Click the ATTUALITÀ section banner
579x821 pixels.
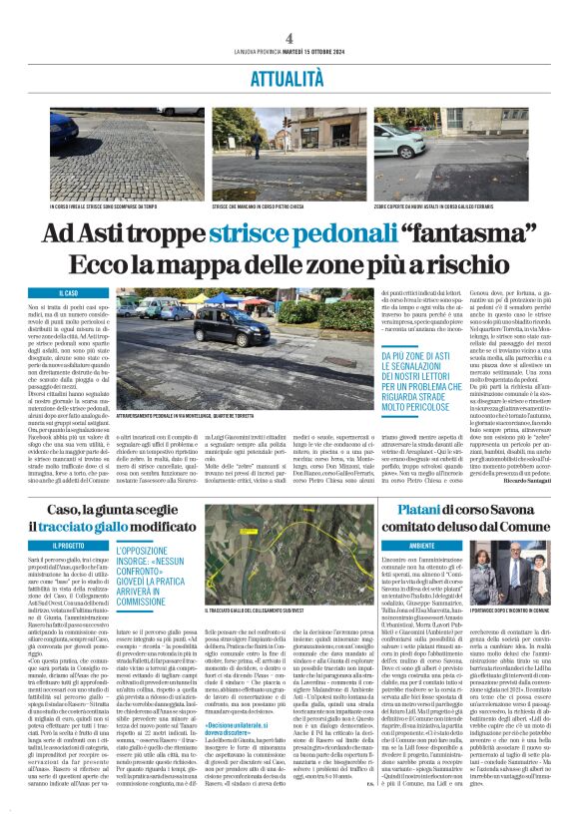pos(289,78)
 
